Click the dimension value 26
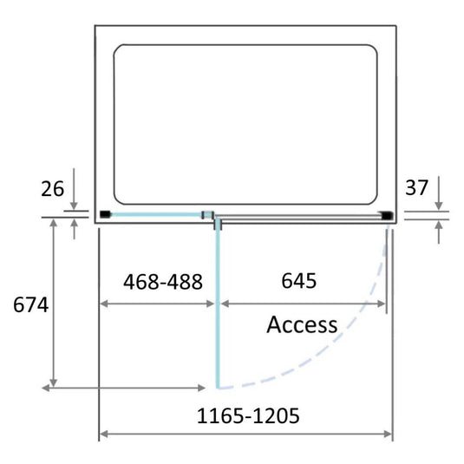click(52, 188)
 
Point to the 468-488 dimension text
click(163, 282)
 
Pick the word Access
click(302, 325)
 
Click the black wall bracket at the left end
click(104, 213)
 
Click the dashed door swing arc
click(347, 339)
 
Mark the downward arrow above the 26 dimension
click(75, 202)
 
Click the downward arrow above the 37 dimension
click(440, 202)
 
